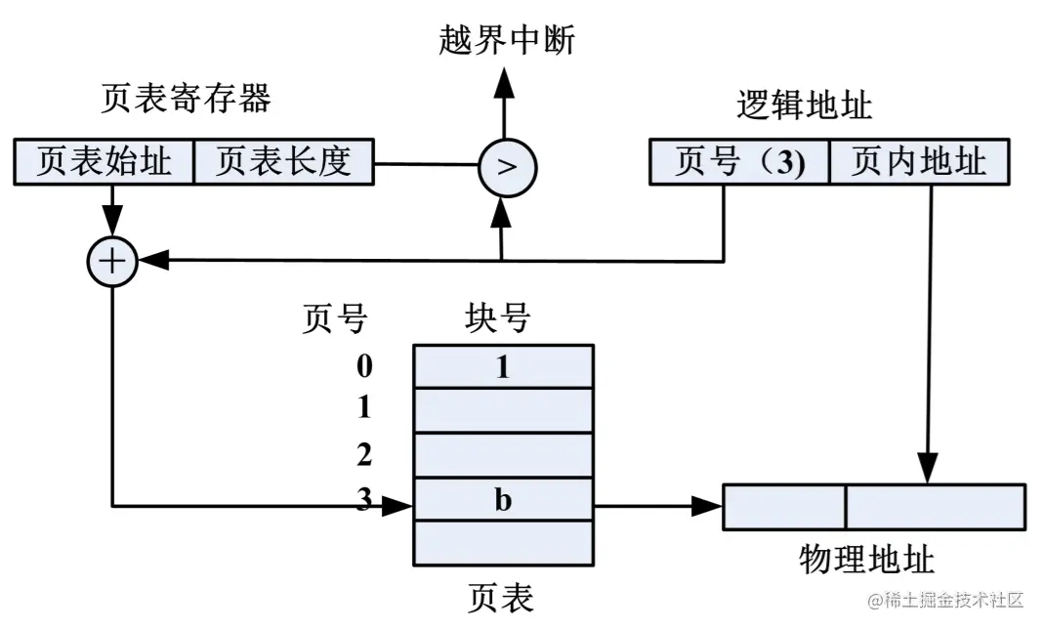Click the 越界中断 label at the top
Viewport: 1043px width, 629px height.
tap(507, 39)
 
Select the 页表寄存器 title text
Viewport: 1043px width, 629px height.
tap(187, 98)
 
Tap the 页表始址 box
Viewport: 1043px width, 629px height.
tap(104, 162)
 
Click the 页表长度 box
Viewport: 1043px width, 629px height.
tap(284, 162)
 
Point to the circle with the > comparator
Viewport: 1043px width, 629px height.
tap(507, 167)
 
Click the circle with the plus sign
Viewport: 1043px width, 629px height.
tap(112, 261)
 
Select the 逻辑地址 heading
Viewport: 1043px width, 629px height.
tap(804, 105)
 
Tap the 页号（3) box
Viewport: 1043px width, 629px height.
tap(739, 162)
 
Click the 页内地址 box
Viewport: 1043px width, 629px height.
tap(919, 162)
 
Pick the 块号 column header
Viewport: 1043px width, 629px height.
tap(497, 316)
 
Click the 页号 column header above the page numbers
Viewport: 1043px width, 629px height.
tap(335, 316)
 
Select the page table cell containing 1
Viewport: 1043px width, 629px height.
tap(504, 366)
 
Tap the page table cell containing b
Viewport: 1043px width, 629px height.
tap(504, 498)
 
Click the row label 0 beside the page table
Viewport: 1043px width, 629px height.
tap(364, 366)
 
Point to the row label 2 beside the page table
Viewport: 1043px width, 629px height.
tap(364, 454)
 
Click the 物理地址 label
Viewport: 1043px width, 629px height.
tap(867, 559)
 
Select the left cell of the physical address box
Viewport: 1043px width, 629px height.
tap(784, 507)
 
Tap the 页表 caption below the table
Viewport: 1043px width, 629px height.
tap(501, 597)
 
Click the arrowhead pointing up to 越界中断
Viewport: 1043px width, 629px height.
tap(505, 82)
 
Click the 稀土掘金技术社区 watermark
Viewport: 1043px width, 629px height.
tap(945, 600)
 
